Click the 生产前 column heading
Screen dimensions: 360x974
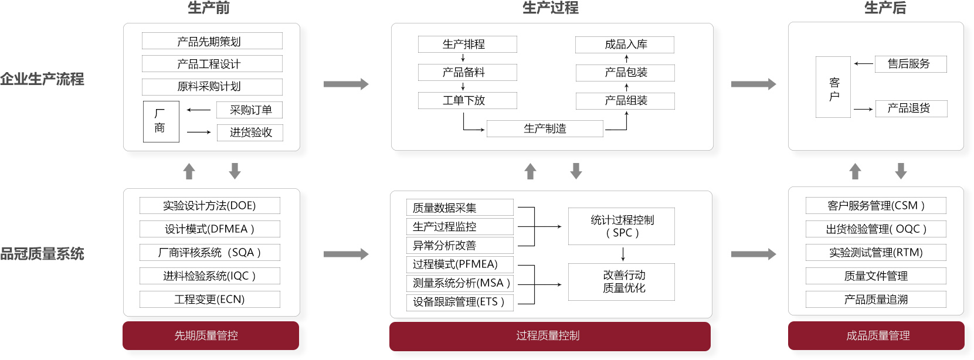[209, 8]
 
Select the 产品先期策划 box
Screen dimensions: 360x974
[212, 41]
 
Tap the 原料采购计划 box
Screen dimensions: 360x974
[212, 87]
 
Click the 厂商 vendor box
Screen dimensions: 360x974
[161, 121]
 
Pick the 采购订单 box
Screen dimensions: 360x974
[250, 110]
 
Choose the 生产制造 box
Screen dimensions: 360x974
[544, 128]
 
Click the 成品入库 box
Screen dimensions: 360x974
[625, 45]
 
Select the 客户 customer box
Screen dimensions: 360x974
[833, 87]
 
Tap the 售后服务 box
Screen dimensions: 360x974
[910, 64]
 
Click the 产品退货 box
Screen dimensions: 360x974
[911, 108]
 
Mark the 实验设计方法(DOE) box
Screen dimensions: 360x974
[209, 206]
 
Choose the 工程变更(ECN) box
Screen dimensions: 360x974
[209, 300]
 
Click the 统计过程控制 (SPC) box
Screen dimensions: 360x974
[621, 226]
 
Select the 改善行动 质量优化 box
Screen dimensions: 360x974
[621, 282]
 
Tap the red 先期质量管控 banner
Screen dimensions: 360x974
[211, 336]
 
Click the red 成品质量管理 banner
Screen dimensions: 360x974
[876, 336]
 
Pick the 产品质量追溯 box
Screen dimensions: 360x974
[875, 300]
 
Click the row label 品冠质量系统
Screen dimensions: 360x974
[42, 254]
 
